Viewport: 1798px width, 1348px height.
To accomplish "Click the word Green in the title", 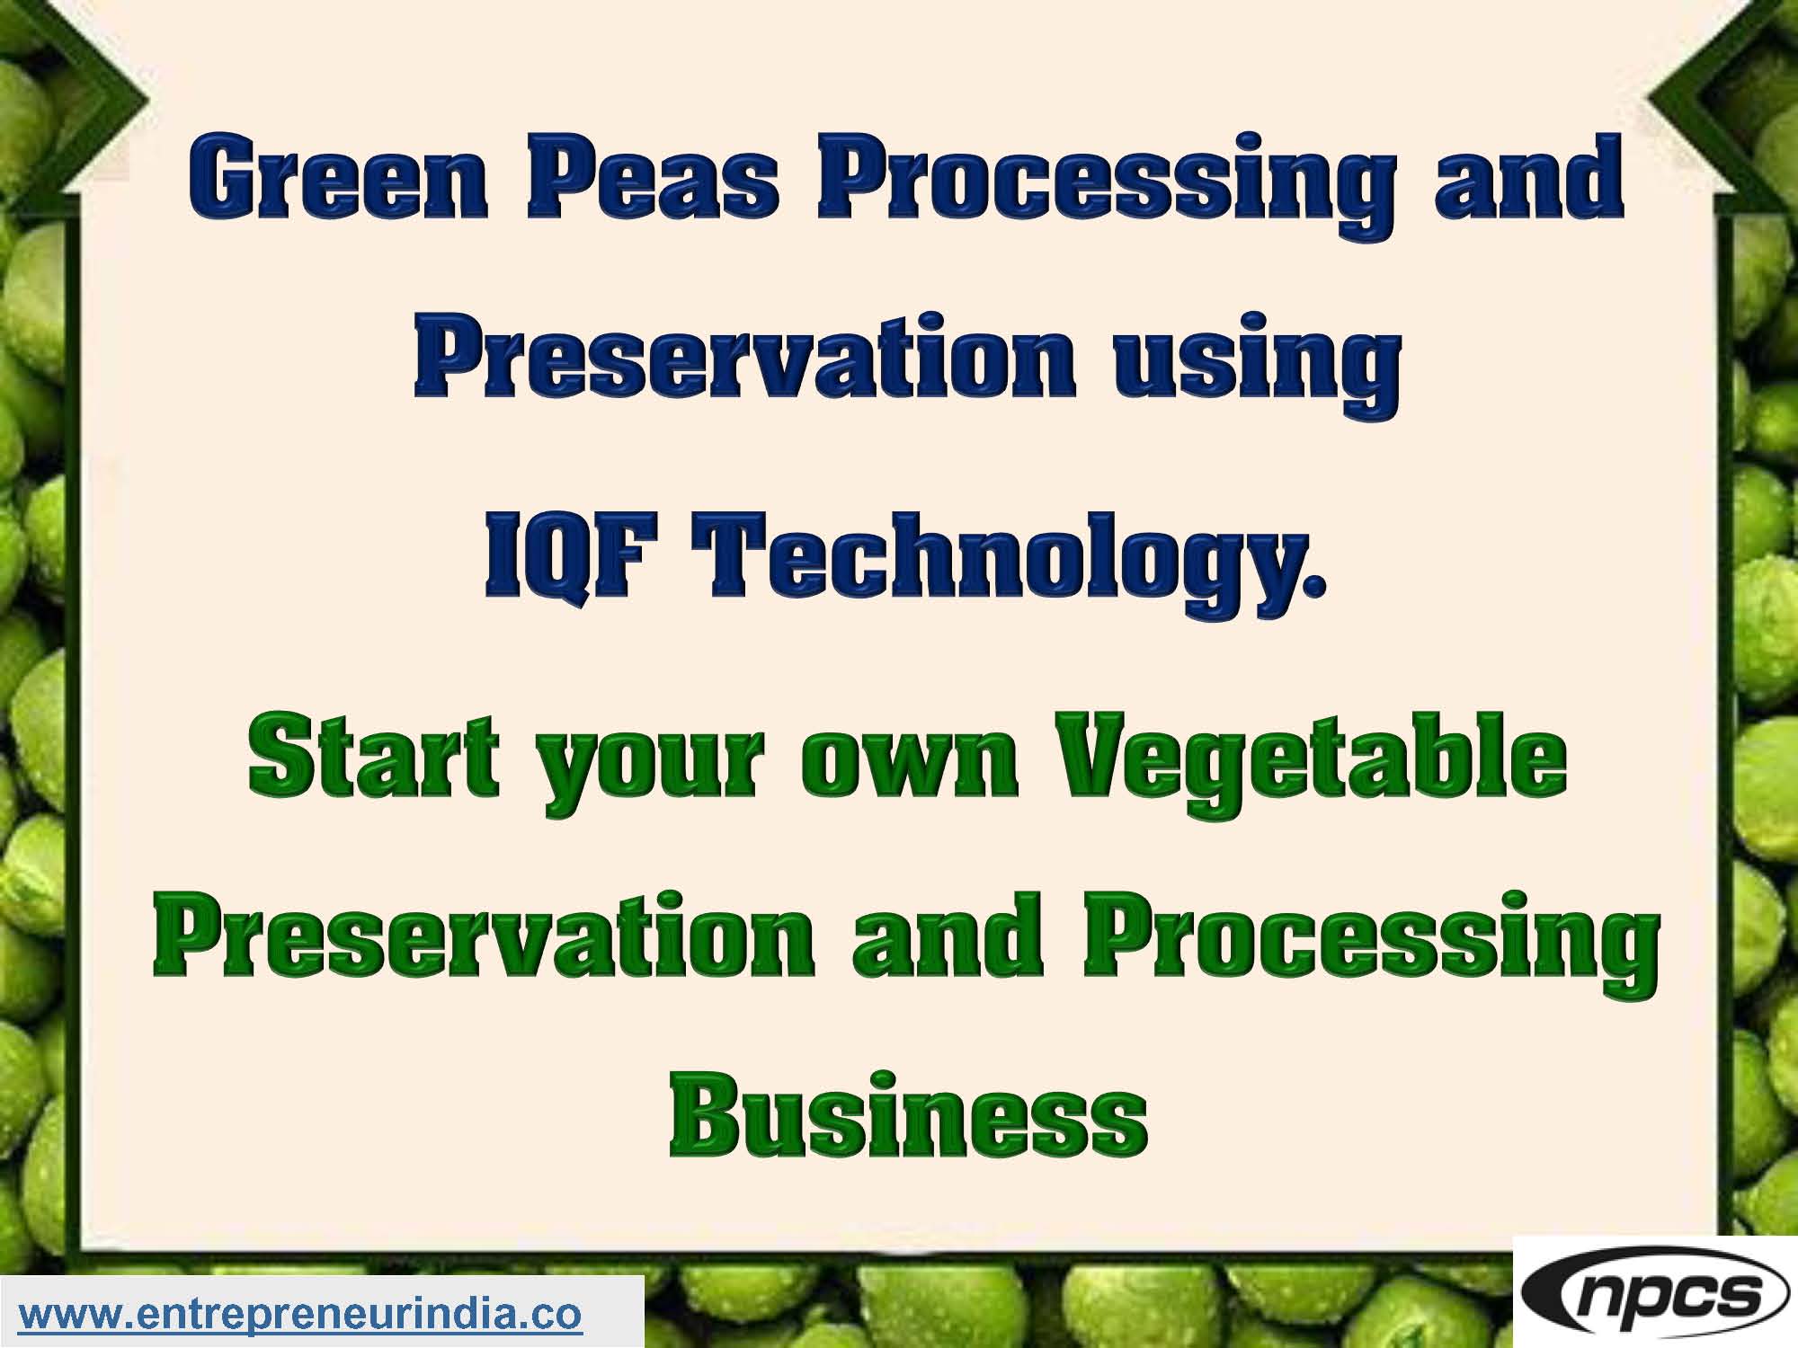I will point(338,180).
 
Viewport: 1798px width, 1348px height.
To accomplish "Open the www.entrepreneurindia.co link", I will point(301,1314).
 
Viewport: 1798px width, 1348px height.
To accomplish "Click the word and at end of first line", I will point(1528,180).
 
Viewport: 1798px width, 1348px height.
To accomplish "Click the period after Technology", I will point(1315,589).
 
